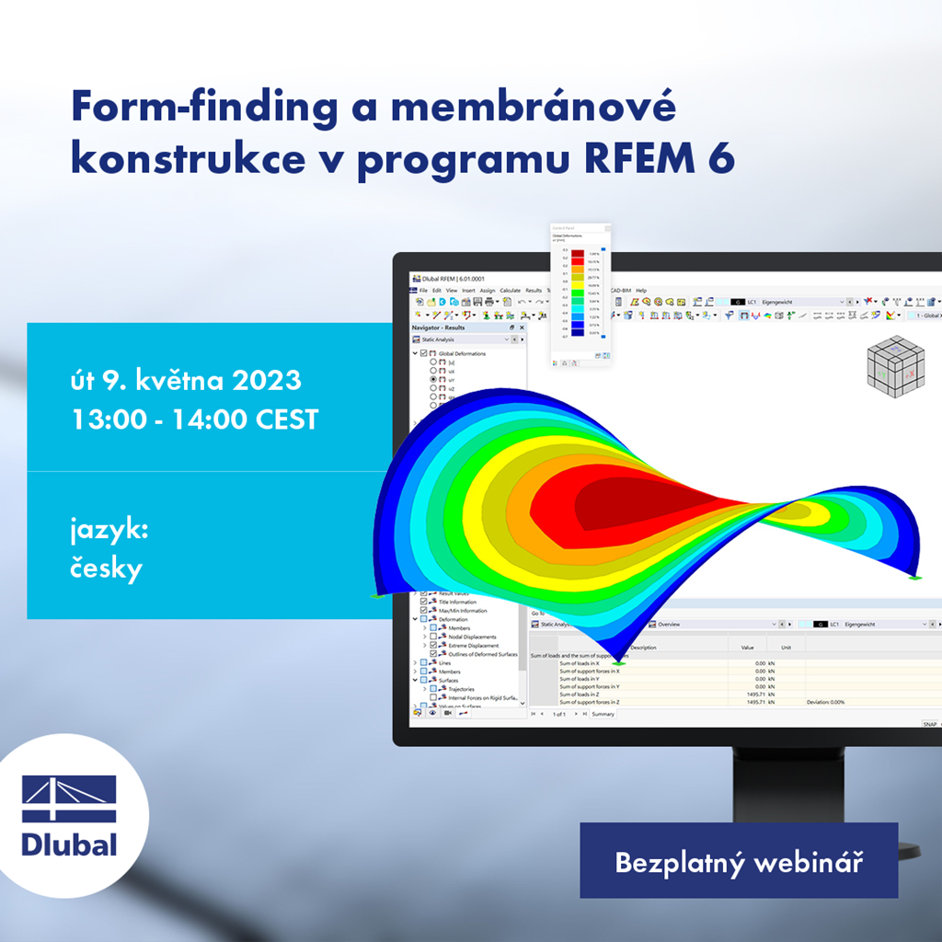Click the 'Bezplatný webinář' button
[738, 862]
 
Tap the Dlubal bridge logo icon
[69, 798]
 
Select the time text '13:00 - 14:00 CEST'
[195, 419]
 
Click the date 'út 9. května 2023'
[186, 379]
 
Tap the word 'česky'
[107, 569]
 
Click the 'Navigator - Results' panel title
[439, 327]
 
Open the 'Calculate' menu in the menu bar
[510, 291]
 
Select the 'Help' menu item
[641, 291]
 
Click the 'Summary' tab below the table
[603, 714]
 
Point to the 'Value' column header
[747, 647]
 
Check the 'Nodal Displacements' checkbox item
[472, 637]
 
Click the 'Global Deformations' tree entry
[462, 353]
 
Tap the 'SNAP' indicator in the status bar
[929, 724]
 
